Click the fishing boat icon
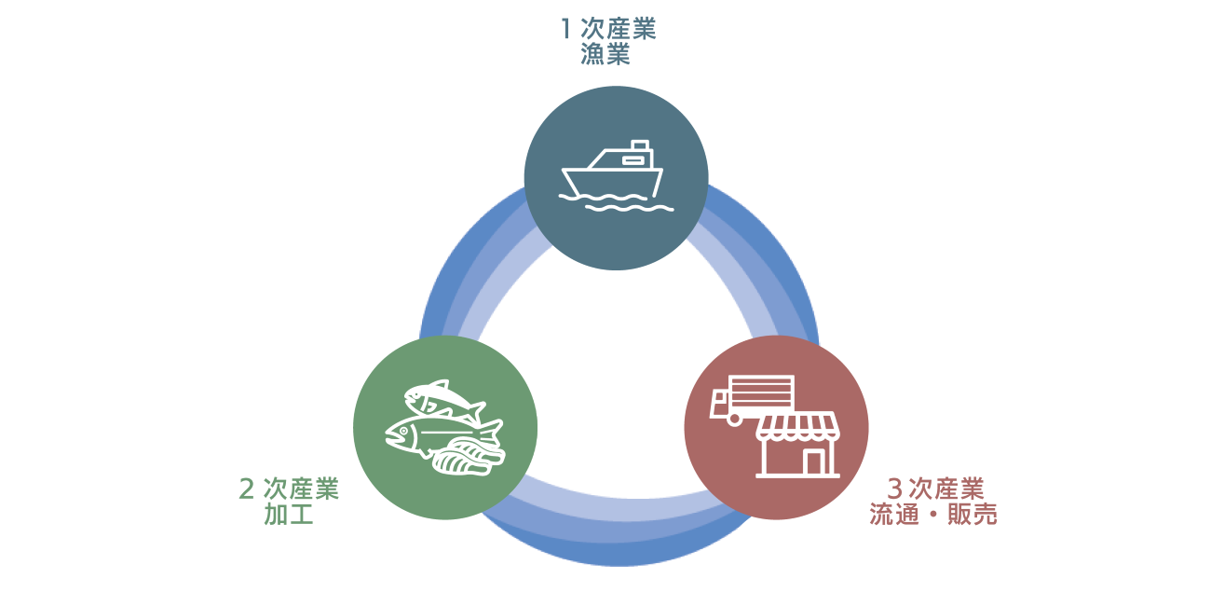pyautogui.click(x=616, y=175)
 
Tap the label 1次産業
pyautogui.click(x=608, y=29)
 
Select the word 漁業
pyautogui.click(x=605, y=54)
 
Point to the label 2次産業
pyautogui.click(x=289, y=489)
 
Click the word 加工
pyautogui.click(x=289, y=514)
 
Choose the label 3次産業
pyautogui.click(x=935, y=489)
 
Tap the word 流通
pyautogui.click(x=894, y=514)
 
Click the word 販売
pyautogui.click(x=972, y=514)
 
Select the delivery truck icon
pyautogui.click(x=752, y=399)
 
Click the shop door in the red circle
pyautogui.click(x=814, y=462)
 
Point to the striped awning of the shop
pyautogui.click(x=798, y=426)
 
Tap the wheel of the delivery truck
pyautogui.click(x=734, y=419)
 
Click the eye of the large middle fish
pyautogui.click(x=403, y=431)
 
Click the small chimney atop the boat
pyautogui.click(x=640, y=145)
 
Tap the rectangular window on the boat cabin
pyautogui.click(x=633, y=160)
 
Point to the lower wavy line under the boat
pyautogui.click(x=630, y=208)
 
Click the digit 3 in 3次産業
pyautogui.click(x=894, y=489)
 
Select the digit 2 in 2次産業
pyautogui.click(x=247, y=489)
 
